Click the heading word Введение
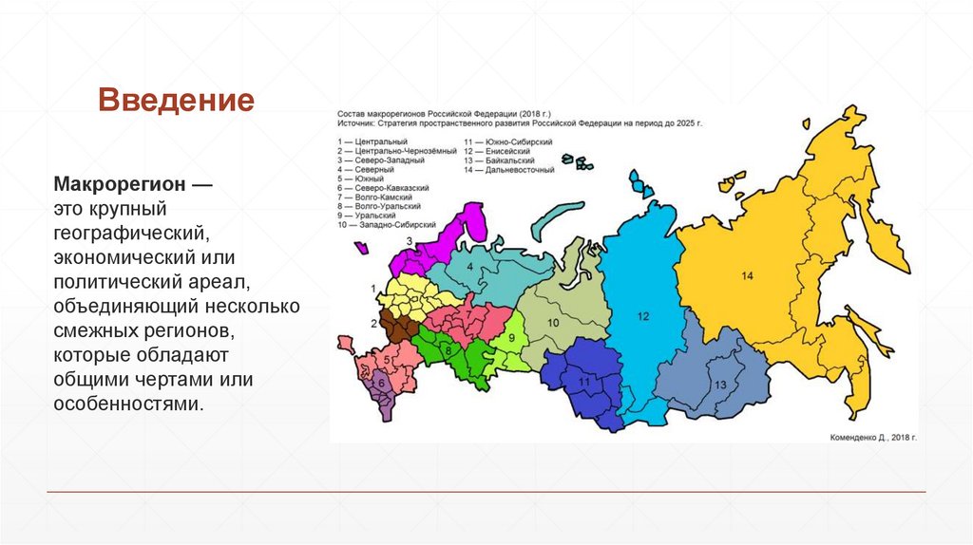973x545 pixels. tap(177, 100)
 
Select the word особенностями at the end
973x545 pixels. tap(128, 404)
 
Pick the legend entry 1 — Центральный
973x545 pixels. tap(368, 141)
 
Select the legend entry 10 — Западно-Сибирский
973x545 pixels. tap(386, 225)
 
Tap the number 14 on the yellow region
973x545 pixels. tap(747, 275)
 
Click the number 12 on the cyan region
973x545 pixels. tap(642, 315)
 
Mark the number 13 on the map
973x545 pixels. tap(718, 384)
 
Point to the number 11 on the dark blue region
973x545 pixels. tap(584, 380)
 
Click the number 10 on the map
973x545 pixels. tap(553, 323)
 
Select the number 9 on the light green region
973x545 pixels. tap(510, 338)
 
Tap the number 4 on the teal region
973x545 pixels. tap(469, 267)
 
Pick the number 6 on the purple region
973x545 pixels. tap(381, 384)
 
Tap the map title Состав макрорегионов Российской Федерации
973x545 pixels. tap(444, 113)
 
